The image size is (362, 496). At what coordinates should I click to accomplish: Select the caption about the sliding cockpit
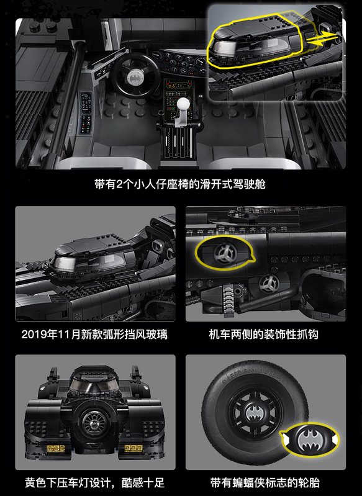click(180, 184)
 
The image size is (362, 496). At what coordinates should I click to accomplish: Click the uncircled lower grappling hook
click(269, 283)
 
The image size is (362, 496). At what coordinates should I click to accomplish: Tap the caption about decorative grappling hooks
click(264, 335)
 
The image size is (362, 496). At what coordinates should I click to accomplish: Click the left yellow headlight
click(56, 448)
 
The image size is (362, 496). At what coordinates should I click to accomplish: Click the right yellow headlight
click(133, 448)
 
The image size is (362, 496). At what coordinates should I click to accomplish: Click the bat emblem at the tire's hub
click(255, 412)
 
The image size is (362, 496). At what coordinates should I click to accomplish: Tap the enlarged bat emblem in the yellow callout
click(309, 440)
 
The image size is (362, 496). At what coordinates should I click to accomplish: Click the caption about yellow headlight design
click(95, 483)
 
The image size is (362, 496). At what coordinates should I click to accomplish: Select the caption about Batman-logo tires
click(265, 483)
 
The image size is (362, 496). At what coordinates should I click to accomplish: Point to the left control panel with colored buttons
click(86, 112)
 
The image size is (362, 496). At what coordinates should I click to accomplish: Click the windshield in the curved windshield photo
click(89, 262)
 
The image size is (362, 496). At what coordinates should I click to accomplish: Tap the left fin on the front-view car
click(53, 375)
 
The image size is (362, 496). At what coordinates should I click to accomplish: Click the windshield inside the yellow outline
click(250, 47)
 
